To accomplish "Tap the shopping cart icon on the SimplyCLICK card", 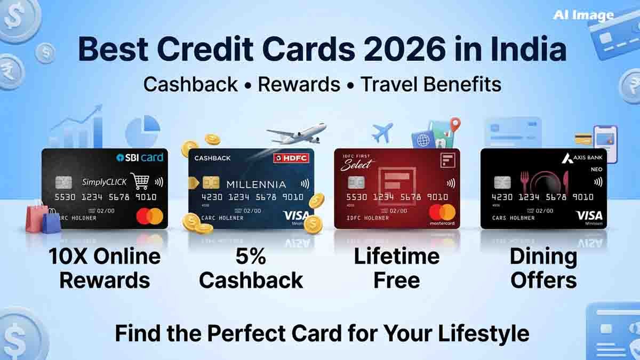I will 140,181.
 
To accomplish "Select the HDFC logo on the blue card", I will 291,158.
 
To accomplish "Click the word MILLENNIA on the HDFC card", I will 256,185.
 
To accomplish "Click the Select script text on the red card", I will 355,164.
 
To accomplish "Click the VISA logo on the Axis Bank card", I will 589,215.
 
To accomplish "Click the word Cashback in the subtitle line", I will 190,84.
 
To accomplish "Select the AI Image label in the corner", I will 583,15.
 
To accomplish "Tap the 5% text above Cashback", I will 251,257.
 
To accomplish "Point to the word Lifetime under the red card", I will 396,257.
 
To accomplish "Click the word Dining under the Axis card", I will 543,257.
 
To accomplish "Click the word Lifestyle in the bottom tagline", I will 484,334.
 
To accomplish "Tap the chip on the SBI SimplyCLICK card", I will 63,183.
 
